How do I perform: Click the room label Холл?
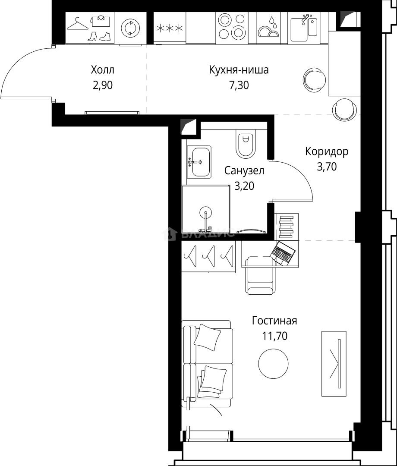pyautogui.click(x=103, y=70)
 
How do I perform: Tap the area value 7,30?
pyautogui.click(x=239, y=85)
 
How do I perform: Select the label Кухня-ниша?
pyautogui.click(x=239, y=70)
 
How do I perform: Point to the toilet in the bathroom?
pyautogui.click(x=246, y=144)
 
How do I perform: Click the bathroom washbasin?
pyautogui.click(x=199, y=162)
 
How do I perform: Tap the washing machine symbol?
pyautogui.click(x=130, y=28)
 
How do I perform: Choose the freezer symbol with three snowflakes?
pyautogui.click(x=170, y=28)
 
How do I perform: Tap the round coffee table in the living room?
pyautogui.click(x=274, y=363)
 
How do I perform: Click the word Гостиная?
pyautogui.click(x=274, y=321)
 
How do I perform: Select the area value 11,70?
pyautogui.click(x=274, y=336)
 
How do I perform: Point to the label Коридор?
pyautogui.click(x=327, y=151)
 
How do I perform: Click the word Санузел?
pyautogui.click(x=244, y=171)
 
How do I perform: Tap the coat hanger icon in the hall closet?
pyautogui.click(x=78, y=23)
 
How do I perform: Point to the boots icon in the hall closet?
pyautogui.click(x=99, y=36)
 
